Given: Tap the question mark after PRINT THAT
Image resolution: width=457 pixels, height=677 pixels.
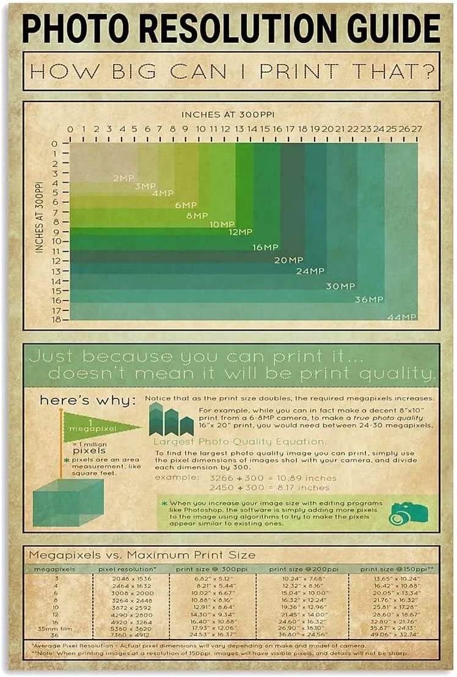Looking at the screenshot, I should point(430,71).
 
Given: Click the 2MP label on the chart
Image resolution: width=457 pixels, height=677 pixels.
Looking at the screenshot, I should point(123,178).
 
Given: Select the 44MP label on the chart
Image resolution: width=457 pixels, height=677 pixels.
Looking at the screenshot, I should point(401,317).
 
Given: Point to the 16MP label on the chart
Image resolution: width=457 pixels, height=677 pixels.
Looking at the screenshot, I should point(265,247).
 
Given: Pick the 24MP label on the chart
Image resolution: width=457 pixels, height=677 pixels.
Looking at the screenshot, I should point(310,271).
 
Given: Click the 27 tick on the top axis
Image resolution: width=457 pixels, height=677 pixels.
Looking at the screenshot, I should point(417,130).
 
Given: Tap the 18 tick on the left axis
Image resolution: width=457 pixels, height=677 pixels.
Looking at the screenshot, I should point(57,319).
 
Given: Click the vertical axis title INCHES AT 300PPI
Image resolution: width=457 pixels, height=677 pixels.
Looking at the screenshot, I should point(40,217).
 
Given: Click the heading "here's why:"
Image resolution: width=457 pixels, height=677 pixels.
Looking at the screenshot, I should point(88,401).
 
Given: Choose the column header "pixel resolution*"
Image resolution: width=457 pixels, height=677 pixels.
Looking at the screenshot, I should point(128,569).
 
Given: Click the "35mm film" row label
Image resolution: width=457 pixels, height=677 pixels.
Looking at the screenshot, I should point(46,628).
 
